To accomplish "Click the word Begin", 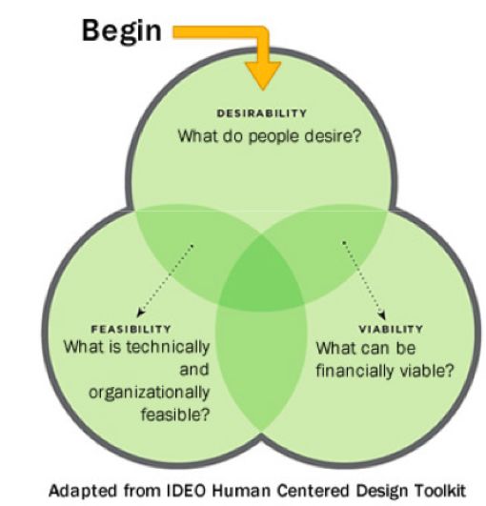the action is [x=122, y=31].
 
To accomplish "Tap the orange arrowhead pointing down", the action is [x=263, y=74].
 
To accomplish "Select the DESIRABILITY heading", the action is [x=261, y=113].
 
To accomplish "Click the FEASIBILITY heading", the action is [x=131, y=329].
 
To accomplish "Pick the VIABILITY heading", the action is [x=391, y=329].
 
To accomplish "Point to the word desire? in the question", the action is [x=333, y=136].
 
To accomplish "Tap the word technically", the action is [x=168, y=348].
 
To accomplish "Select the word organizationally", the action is [x=149, y=394].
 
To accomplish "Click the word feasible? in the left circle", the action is [x=175, y=414].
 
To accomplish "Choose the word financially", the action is [x=354, y=371].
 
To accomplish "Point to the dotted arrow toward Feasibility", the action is [x=165, y=280].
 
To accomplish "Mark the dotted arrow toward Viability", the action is [x=364, y=279].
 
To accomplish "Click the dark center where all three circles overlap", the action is [x=262, y=277].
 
